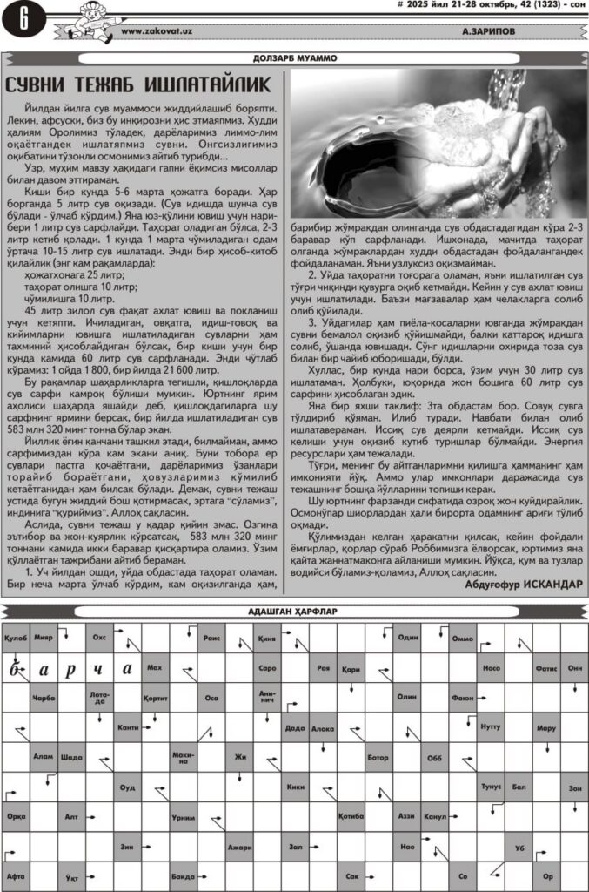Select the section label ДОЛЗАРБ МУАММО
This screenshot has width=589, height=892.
point(294,58)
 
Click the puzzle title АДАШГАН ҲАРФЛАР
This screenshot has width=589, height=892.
point(294,611)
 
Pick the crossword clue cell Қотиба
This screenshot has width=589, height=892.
point(351,816)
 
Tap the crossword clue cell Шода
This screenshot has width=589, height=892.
point(72,756)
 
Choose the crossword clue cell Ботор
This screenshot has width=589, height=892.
point(378,756)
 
